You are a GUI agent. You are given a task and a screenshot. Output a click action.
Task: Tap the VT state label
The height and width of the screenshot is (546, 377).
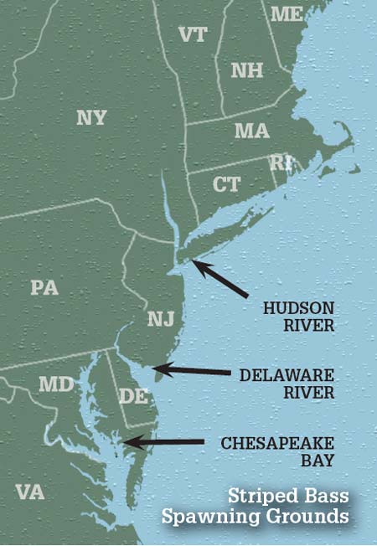(x=193, y=34)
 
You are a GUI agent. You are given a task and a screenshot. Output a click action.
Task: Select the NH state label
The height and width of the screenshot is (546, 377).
(x=246, y=70)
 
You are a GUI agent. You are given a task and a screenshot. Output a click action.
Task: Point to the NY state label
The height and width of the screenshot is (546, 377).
(x=91, y=117)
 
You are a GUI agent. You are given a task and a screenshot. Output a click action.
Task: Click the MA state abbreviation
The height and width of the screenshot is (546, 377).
(x=251, y=131)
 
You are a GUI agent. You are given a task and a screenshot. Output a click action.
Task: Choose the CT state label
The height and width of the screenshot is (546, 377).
(x=226, y=184)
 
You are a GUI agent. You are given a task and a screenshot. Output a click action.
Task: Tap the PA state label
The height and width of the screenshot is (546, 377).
(x=44, y=287)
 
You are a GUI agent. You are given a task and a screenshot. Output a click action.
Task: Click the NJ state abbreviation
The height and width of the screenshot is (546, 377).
(x=160, y=319)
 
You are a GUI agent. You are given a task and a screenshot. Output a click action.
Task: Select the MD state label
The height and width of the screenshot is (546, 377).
(x=56, y=384)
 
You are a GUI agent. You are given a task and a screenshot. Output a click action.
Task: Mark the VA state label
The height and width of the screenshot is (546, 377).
(x=29, y=492)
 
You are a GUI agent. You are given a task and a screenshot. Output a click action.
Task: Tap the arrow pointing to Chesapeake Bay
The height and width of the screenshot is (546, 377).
(x=163, y=441)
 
